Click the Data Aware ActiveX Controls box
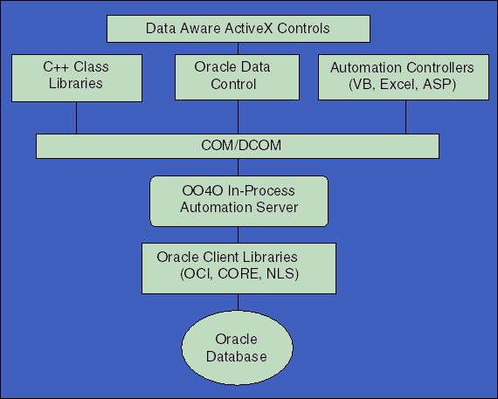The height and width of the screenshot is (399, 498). pyautogui.click(x=238, y=29)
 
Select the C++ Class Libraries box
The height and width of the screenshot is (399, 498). pyautogui.click(x=76, y=76)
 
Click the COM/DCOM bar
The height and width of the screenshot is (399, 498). pyautogui.click(x=238, y=146)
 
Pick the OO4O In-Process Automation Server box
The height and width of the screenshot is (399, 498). pyautogui.click(x=238, y=199)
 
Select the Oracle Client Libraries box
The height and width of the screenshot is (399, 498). pyautogui.click(x=238, y=266)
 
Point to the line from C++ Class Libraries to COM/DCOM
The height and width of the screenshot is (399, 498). pyautogui.click(x=76, y=116)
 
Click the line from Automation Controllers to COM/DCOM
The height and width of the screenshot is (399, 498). pyautogui.click(x=405, y=116)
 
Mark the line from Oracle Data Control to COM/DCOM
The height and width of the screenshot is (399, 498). pyautogui.click(x=238, y=116)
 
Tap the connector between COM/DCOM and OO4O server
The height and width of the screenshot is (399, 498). pyautogui.click(x=238, y=167)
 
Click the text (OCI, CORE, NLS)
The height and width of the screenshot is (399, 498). pyautogui.click(x=238, y=274)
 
